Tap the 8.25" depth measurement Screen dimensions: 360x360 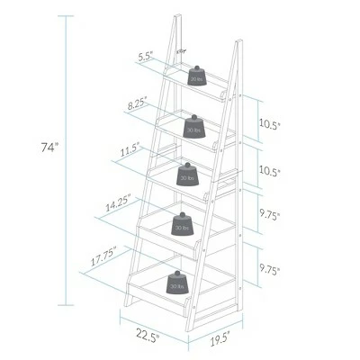[139, 104]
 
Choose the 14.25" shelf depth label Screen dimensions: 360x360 [117, 204]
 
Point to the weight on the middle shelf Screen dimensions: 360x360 [188, 174]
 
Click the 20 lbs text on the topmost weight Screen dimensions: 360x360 [195, 79]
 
